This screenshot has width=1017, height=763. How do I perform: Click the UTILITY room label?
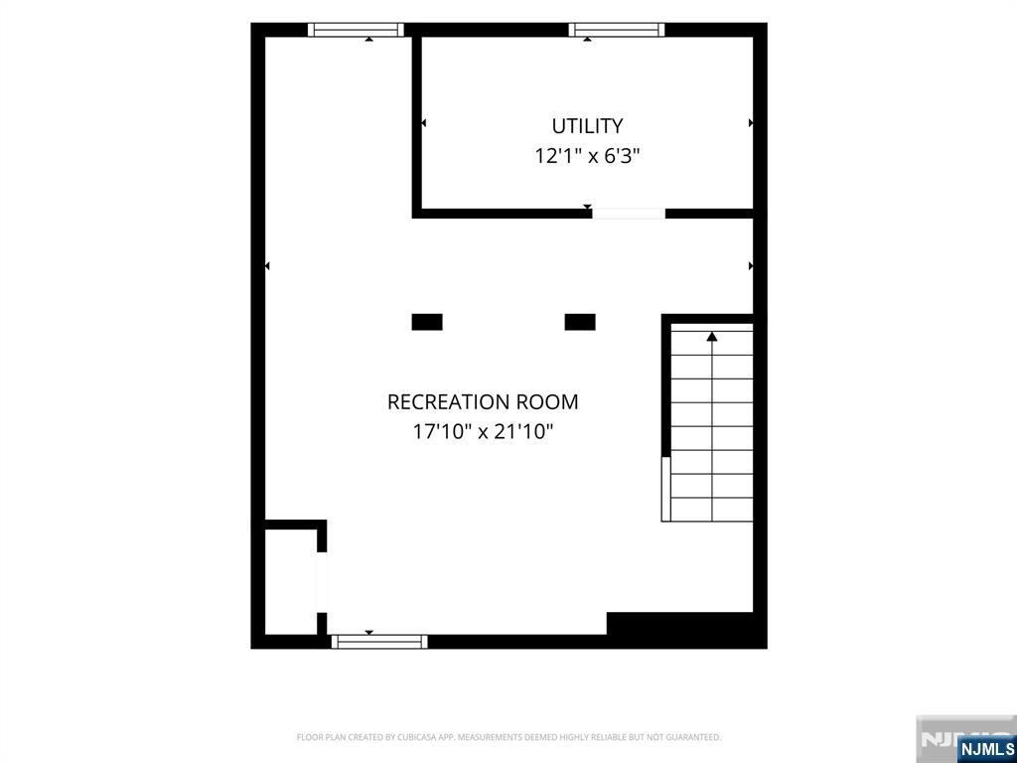587,125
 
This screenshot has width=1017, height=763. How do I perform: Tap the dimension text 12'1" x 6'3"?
587,156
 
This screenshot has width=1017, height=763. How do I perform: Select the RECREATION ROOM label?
483,402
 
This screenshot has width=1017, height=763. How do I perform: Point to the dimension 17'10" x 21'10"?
483,431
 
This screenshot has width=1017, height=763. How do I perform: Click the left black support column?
427,322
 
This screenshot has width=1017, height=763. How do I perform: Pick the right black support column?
580,322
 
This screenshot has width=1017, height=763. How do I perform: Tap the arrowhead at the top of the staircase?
712,337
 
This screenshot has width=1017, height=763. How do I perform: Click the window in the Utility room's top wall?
616,30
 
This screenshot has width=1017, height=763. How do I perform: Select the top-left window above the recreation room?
356,30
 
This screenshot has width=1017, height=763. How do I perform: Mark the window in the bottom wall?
379,642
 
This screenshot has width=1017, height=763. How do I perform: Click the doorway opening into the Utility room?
629,214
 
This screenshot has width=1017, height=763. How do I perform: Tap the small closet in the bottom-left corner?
291,582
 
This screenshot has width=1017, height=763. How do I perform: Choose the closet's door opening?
322,582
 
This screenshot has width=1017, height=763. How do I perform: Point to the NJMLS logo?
984,749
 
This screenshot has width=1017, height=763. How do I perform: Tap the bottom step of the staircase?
712,510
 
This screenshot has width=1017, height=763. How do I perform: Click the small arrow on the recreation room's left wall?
267,266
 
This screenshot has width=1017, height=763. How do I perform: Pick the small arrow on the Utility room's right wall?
751,122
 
